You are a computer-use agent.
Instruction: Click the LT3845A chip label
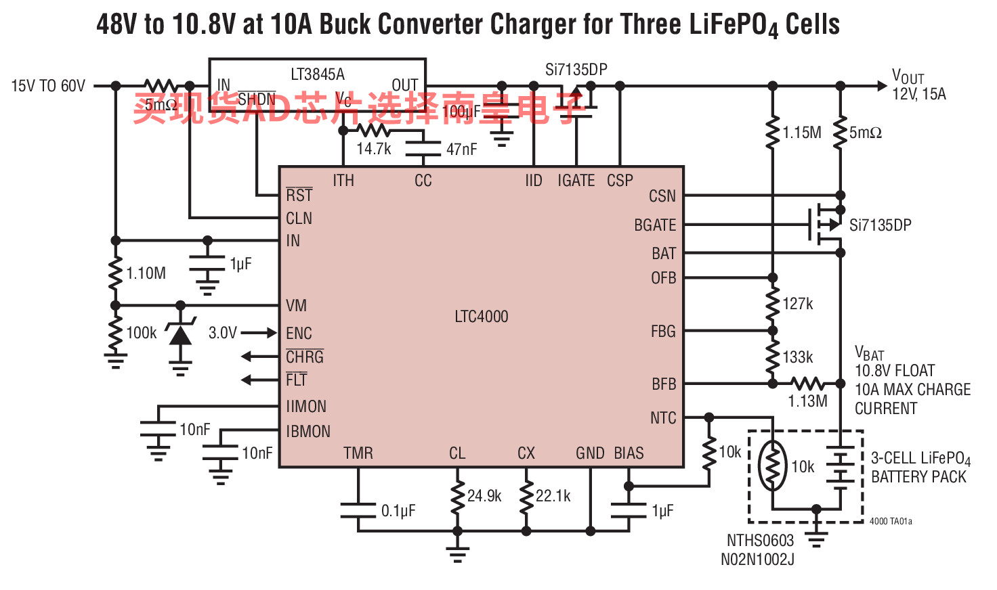tap(318, 74)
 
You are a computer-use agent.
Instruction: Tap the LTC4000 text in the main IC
tap(481, 317)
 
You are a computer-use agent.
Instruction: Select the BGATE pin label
tap(655, 225)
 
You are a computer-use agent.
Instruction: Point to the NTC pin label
tap(663, 418)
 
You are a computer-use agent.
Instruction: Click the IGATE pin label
tap(576, 181)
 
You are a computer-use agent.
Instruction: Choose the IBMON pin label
tap(308, 432)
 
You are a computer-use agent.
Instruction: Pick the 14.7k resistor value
tap(374, 149)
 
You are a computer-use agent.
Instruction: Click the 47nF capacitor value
tap(462, 150)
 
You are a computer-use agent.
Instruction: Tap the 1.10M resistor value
tap(146, 273)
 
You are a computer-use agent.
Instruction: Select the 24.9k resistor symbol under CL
tap(457, 496)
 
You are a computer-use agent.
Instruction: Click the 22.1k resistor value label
tap(553, 496)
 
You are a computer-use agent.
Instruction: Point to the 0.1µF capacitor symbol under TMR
tap(358, 511)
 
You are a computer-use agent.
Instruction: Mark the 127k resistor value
tap(798, 304)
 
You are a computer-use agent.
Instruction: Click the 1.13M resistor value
tap(807, 401)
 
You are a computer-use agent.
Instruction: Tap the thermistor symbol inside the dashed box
tap(772, 466)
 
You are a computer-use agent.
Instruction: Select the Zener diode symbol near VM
tap(180, 332)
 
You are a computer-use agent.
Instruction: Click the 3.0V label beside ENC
tap(223, 333)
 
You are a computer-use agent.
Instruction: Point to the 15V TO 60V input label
tap(48, 86)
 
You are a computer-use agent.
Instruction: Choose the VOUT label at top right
tap(908, 76)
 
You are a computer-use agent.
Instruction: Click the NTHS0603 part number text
tap(760, 541)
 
